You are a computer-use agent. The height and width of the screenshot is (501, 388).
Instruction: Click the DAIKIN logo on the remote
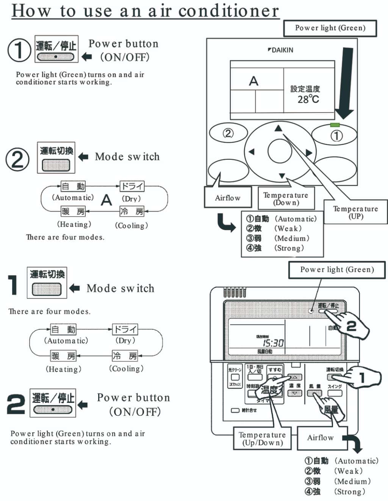tap(280, 50)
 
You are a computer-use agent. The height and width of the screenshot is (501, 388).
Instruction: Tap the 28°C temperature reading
tap(308, 100)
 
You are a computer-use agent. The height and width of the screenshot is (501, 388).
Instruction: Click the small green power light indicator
tap(335, 125)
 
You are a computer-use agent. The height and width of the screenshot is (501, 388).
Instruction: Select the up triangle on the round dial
tap(278, 129)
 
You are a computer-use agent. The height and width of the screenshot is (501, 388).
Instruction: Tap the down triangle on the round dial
tap(282, 176)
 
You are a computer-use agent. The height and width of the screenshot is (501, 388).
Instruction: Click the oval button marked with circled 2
tap(228, 133)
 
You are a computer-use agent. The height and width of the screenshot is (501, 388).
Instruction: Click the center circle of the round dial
tap(280, 151)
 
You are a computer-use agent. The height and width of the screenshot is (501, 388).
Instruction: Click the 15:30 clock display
tap(273, 343)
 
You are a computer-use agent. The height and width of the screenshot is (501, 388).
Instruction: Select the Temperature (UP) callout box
tap(355, 212)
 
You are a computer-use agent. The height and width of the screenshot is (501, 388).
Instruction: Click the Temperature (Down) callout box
tap(286, 198)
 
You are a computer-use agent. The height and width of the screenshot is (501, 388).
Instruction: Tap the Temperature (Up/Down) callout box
tap(262, 439)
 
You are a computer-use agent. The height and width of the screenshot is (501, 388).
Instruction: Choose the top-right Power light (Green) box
tap(330, 28)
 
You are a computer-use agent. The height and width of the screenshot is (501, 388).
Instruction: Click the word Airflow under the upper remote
tap(227, 198)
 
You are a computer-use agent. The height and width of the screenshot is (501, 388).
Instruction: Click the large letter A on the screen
tap(253, 81)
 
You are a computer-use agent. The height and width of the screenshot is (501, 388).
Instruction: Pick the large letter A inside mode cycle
tap(106, 200)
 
